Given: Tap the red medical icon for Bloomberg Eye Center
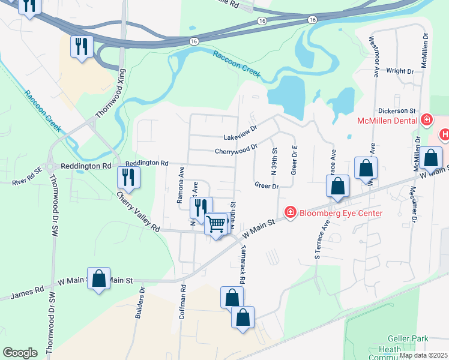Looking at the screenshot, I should tap(290, 212).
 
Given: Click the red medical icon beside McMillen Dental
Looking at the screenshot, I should tap(427, 120).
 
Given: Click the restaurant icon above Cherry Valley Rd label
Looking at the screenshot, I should tap(128, 176).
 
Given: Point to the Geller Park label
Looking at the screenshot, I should tap(408, 339).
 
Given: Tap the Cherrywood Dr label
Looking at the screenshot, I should tap(236, 148).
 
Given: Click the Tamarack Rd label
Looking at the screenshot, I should tap(243, 264).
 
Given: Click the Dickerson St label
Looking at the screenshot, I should tap(397, 111).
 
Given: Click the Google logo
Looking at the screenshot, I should tap(20, 352).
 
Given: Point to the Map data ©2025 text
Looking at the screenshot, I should tap(422, 355).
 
